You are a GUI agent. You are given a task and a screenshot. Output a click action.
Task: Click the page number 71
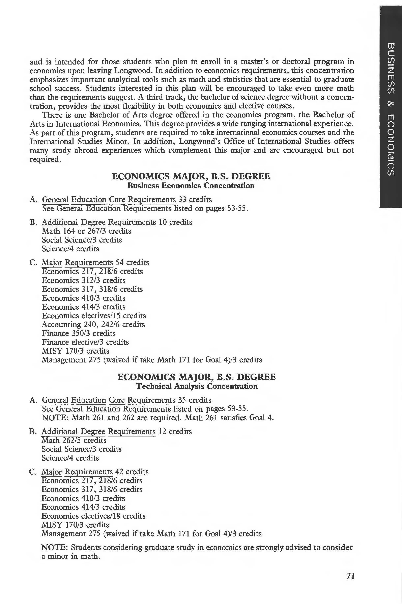tap(350, 577)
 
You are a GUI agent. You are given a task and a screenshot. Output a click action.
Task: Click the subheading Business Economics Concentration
tap(191, 185)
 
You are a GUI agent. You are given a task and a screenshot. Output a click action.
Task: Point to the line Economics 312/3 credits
tap(84, 280)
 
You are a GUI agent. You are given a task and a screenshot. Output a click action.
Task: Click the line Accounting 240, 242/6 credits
tap(93, 324)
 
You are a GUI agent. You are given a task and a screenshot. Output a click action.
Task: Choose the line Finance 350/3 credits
tap(79, 333)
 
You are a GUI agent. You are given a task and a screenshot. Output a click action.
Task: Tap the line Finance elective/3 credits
tap(85, 342)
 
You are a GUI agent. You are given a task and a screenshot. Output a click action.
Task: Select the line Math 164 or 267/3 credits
tap(86, 231)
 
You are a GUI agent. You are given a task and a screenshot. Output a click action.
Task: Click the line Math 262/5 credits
tap(74, 440)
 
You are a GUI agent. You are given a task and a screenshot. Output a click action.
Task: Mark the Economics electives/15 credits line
tap(94, 316)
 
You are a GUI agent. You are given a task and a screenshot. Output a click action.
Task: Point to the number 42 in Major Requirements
tap(119, 472)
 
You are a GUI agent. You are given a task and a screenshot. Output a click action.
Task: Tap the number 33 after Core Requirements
tap(182, 199)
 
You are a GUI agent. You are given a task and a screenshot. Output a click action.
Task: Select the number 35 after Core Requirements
tap(182, 400)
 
